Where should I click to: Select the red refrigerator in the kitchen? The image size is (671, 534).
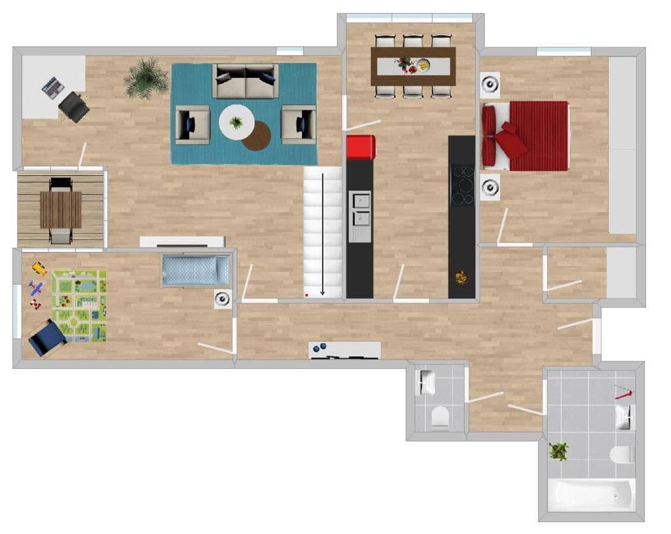360,147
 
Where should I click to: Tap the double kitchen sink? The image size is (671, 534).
359,209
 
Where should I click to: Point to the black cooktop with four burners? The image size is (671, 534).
462,185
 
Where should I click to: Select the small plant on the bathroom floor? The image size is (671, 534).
559,451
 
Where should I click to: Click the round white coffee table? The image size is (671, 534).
236,123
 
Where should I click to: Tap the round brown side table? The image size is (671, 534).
257,136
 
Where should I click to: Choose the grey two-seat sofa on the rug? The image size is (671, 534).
246,81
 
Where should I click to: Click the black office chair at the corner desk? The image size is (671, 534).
74,107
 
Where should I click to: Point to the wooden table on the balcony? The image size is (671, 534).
60,209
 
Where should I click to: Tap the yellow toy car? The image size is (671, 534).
39,268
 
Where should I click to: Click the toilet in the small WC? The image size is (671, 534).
440,416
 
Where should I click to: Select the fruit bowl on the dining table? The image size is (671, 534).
424,65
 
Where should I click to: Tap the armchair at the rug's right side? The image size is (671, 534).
299,124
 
